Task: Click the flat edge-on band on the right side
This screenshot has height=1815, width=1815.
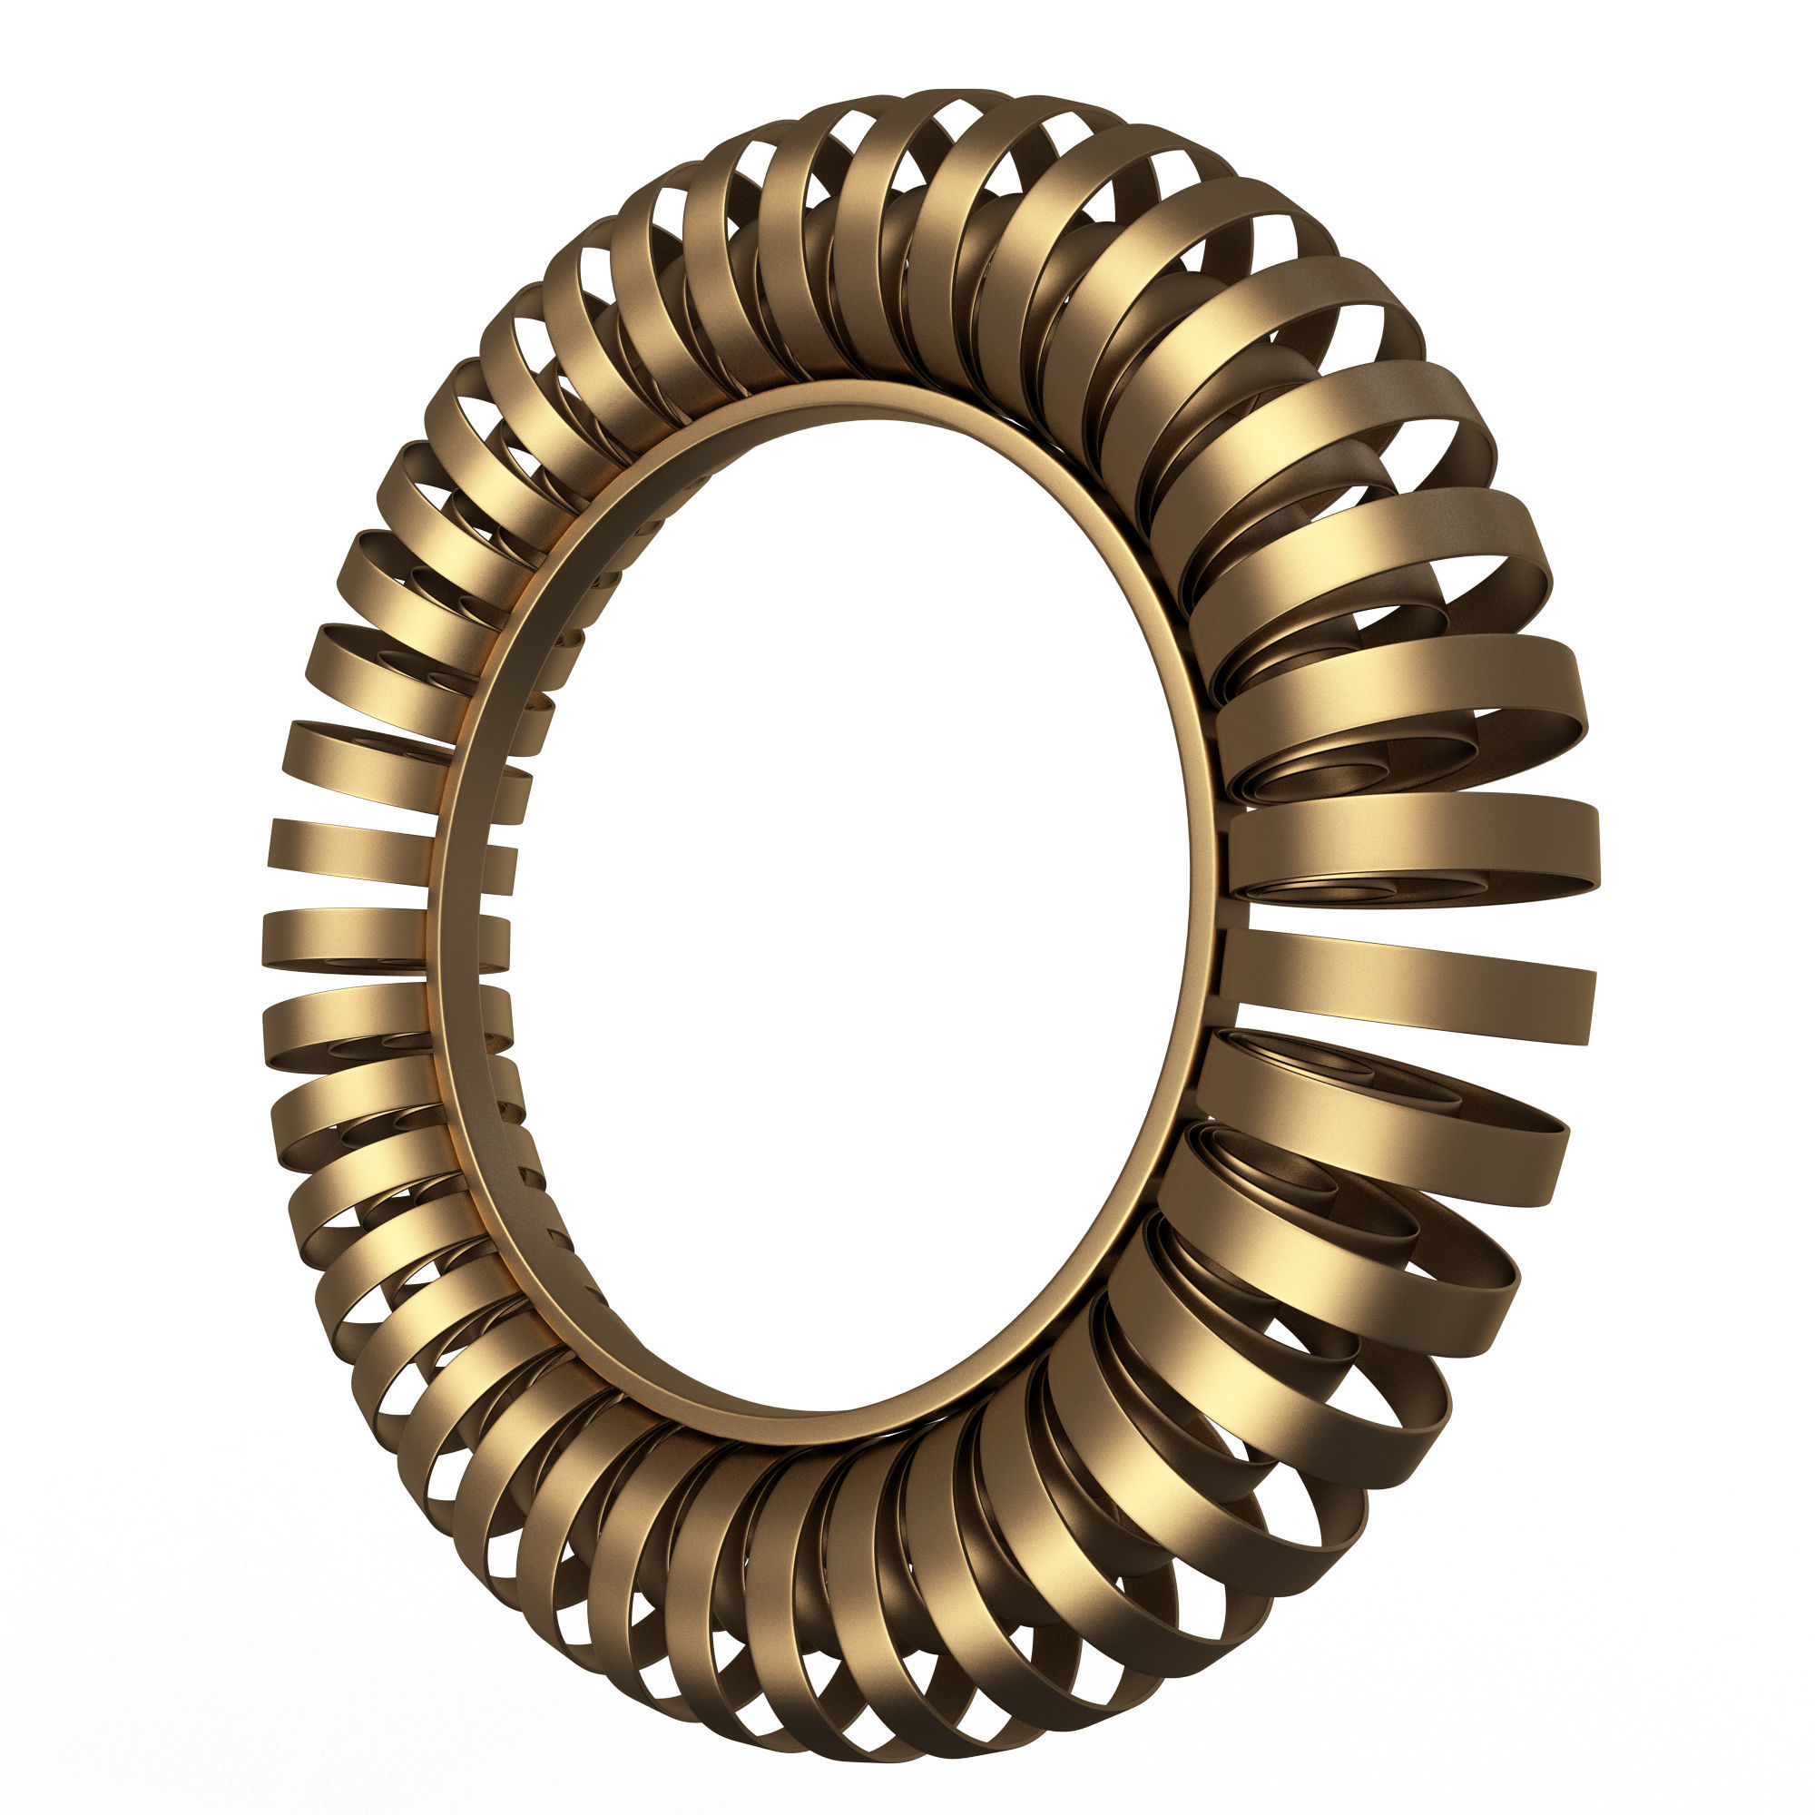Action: pyautogui.click(x=1409, y=986)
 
